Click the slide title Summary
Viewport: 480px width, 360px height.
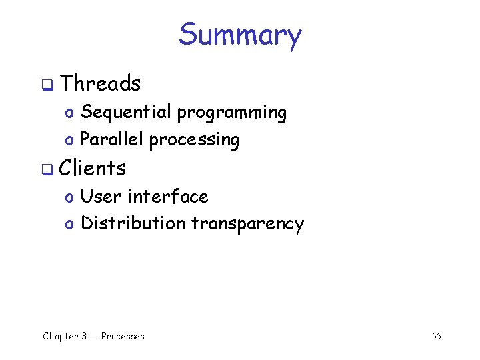pos(240,35)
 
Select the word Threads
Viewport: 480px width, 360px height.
pos(100,84)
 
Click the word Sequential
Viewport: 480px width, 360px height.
pos(126,112)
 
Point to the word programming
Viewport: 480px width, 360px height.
pos(231,114)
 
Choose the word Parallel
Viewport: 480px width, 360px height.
pos(111,140)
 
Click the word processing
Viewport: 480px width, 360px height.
pos(194,141)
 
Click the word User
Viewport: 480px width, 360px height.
pos(101,197)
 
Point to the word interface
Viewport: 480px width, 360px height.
pos(167,197)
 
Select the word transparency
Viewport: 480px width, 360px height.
pos(247,225)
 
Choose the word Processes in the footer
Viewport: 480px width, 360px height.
pos(123,336)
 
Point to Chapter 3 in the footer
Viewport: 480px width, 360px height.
pos(65,336)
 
